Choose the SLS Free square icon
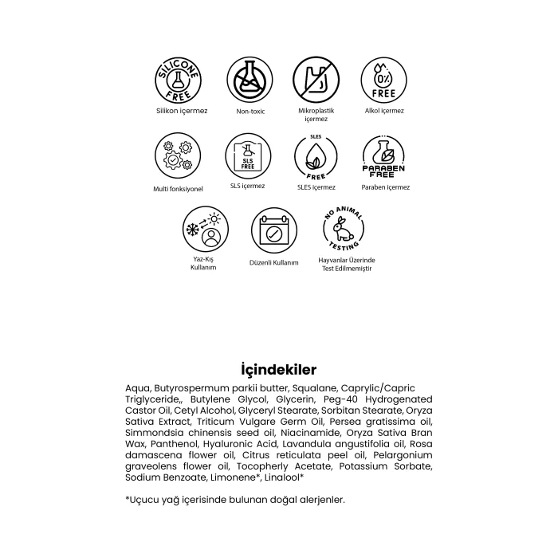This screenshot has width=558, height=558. tap(247, 157)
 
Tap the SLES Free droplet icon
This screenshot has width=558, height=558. tap(316, 157)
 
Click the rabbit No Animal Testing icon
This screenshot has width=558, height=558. tap(344, 230)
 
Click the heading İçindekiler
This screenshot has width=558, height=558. tap(279, 369)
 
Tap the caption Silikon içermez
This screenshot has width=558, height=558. tap(182, 111)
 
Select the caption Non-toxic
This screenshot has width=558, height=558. tap(250, 112)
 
